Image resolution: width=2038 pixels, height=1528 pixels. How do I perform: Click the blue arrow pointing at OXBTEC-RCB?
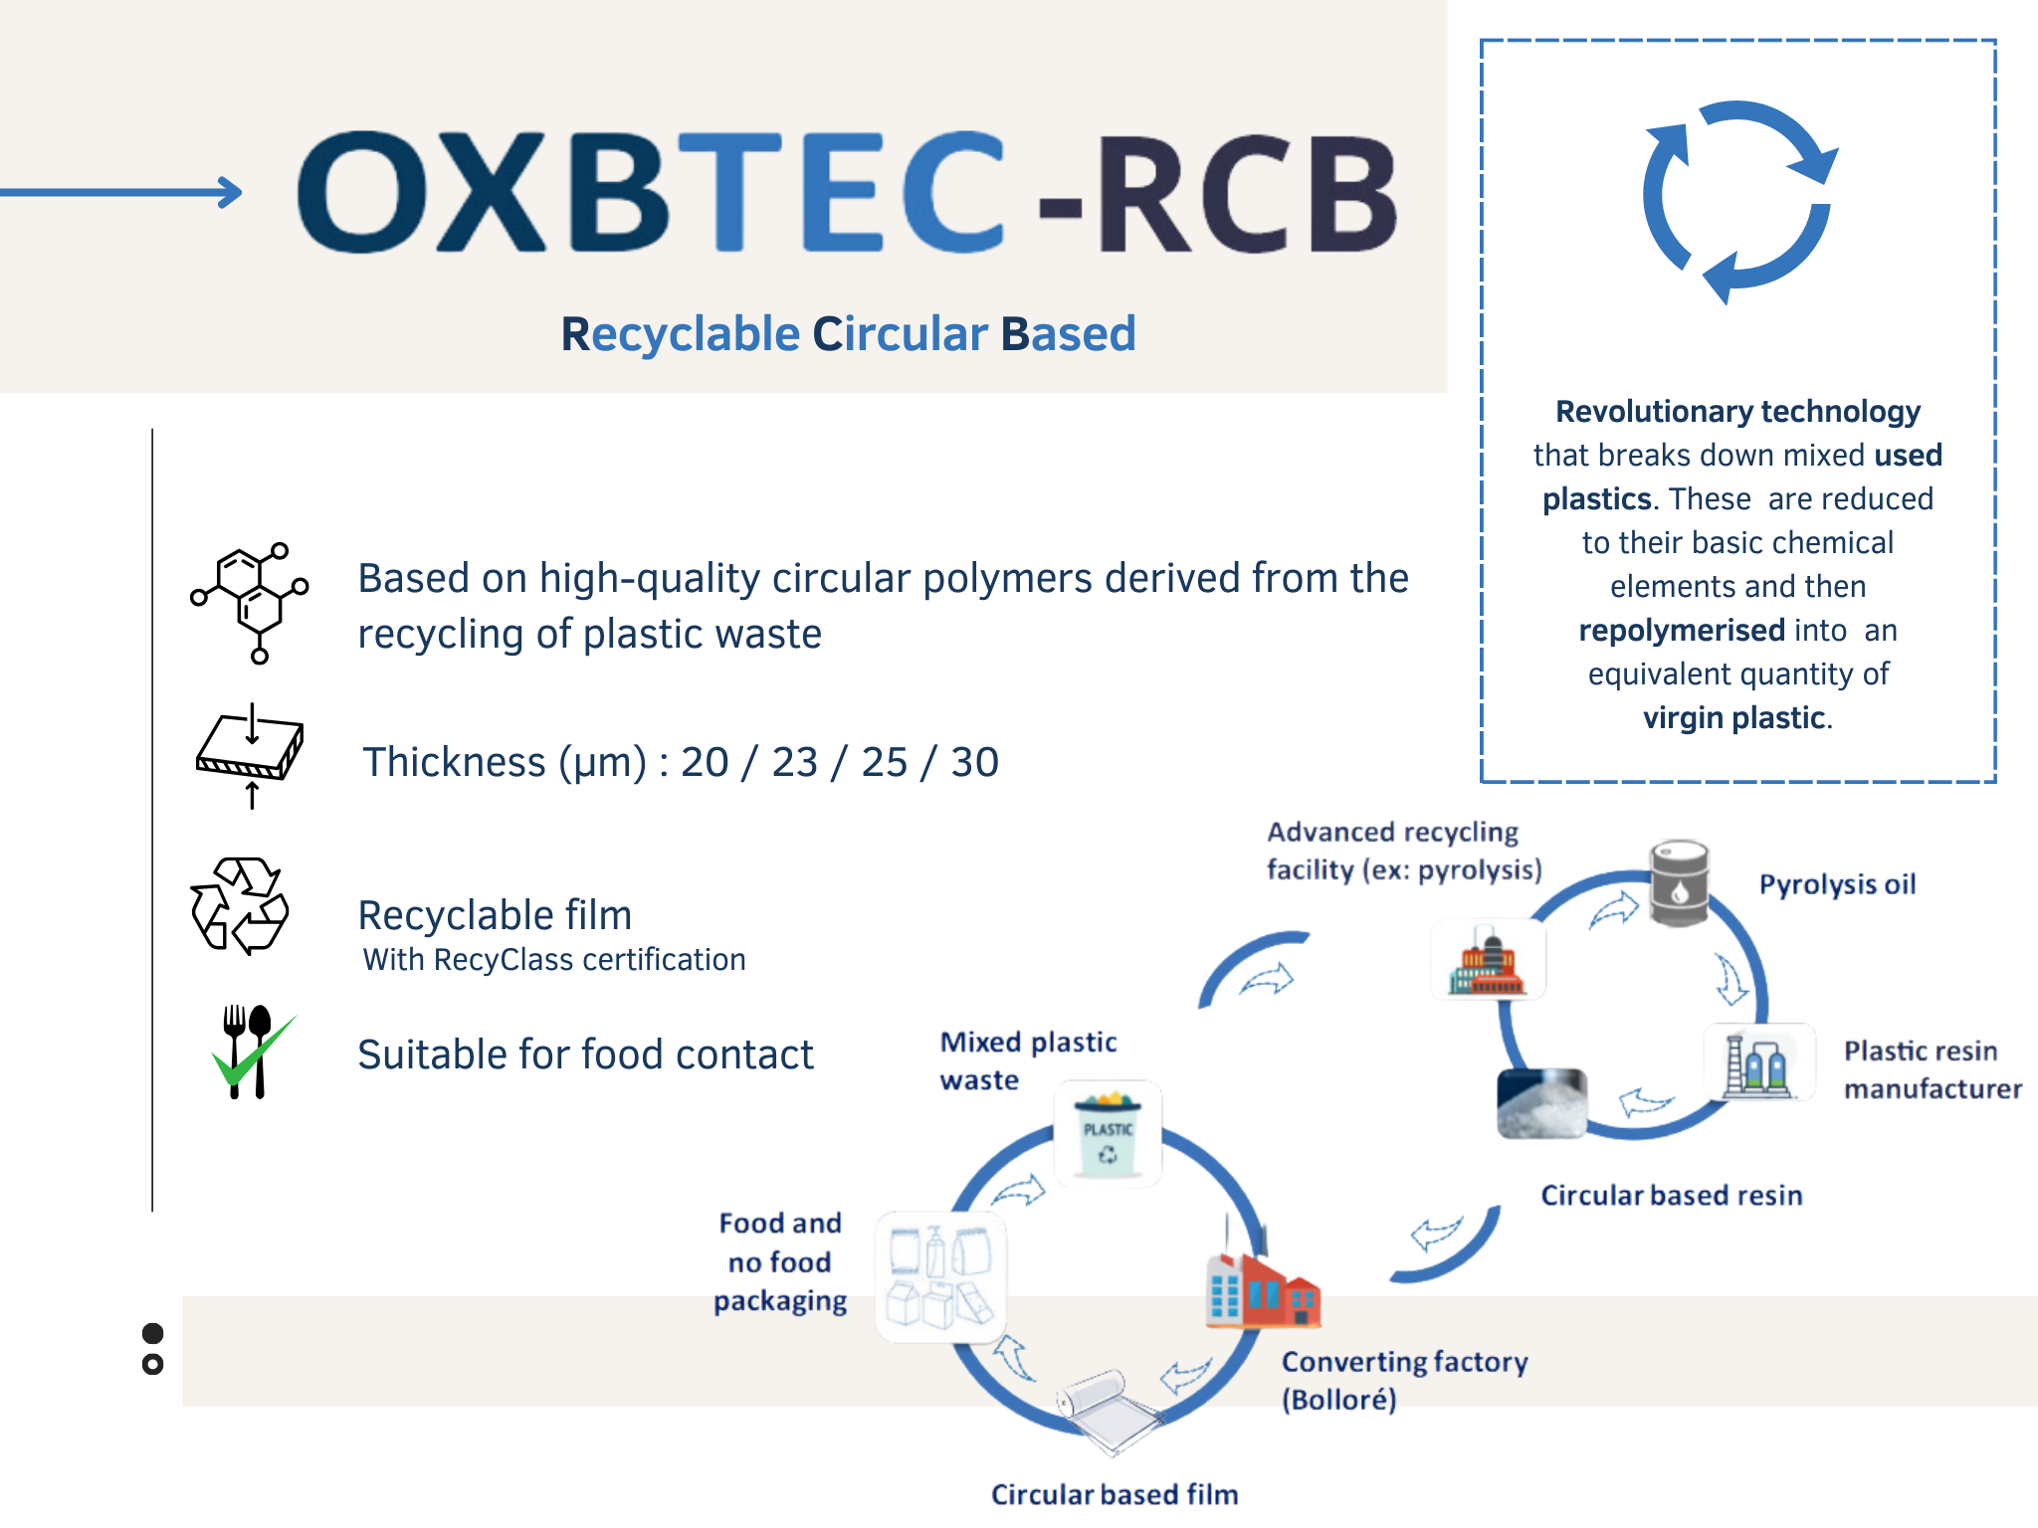click(120, 192)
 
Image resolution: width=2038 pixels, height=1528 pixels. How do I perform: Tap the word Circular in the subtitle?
click(901, 333)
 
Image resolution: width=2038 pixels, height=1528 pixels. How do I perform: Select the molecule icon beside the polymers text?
click(250, 603)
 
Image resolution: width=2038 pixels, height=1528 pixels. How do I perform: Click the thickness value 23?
click(794, 762)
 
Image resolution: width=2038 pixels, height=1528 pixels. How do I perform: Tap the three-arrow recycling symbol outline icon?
click(240, 905)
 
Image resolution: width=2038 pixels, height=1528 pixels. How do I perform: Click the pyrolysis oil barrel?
click(1680, 882)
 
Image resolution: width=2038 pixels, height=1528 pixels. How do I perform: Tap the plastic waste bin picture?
click(1108, 1134)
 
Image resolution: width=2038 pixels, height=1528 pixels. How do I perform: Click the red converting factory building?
click(1263, 1282)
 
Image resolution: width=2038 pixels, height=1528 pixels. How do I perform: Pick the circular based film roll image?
click(1108, 1410)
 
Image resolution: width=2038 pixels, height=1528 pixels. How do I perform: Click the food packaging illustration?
click(940, 1277)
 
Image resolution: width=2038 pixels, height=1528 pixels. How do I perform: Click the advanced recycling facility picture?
click(1488, 959)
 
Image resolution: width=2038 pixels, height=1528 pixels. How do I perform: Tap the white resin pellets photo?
click(1541, 1103)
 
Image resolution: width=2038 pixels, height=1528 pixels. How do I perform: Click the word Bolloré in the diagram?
click(1339, 1400)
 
